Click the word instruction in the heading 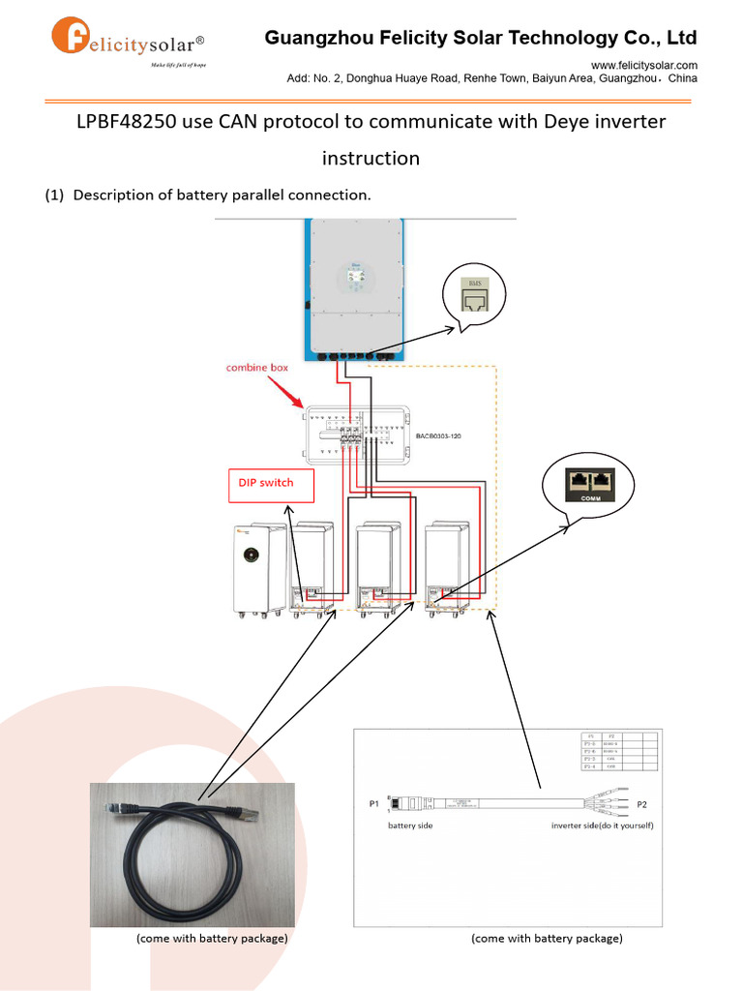click(x=371, y=158)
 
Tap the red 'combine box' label click(x=257, y=368)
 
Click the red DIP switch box click(x=272, y=482)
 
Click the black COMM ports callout click(x=588, y=482)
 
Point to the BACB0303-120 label click(x=438, y=436)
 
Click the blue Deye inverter click(x=355, y=288)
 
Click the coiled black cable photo click(x=193, y=856)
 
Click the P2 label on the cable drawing click(x=641, y=803)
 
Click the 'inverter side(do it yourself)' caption click(x=603, y=826)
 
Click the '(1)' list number click(x=54, y=195)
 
